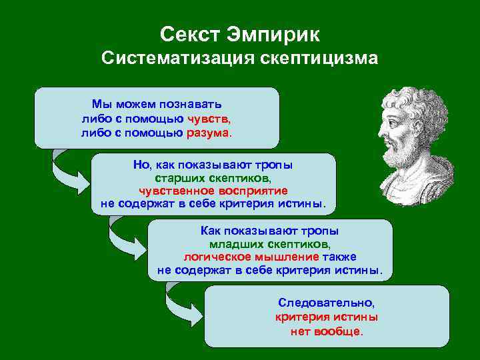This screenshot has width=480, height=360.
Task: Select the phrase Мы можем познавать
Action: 157,105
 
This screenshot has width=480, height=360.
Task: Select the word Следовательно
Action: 327,303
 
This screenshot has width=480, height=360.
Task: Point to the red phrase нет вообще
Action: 327,331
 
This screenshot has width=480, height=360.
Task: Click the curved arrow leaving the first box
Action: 67,170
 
